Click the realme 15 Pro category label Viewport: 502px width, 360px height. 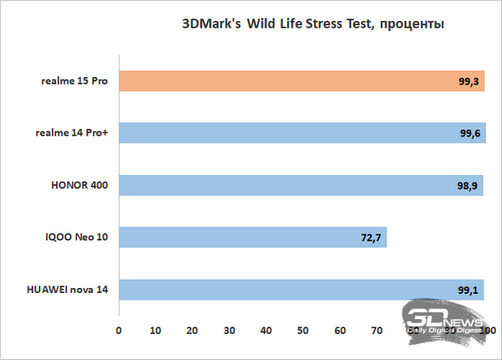[x=76, y=81]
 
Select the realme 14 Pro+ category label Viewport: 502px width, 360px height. [x=72, y=133]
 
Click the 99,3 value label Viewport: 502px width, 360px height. [x=469, y=81]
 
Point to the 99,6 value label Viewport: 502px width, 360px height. [x=469, y=134]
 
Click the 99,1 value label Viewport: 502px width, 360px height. [x=468, y=290]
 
